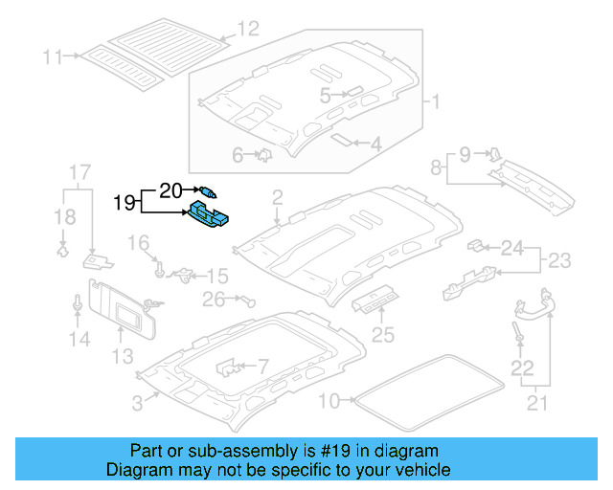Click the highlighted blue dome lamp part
click(209, 214)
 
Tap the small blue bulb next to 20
click(208, 191)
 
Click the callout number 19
click(124, 203)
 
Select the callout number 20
click(170, 191)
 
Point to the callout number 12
click(248, 29)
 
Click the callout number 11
click(52, 57)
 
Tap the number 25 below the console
click(383, 335)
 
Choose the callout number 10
click(329, 401)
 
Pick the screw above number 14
click(78, 303)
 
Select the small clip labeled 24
click(476, 245)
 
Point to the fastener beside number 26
click(248, 301)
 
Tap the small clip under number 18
click(63, 251)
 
